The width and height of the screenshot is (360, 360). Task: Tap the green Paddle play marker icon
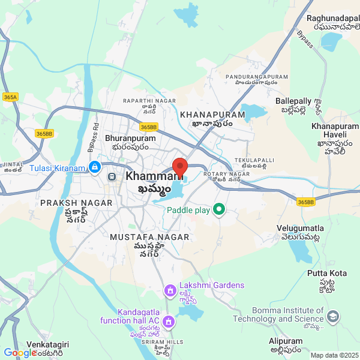point(219,210)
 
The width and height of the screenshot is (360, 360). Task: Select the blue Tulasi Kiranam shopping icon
point(94,166)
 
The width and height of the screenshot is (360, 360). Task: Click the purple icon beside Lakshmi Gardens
point(170,291)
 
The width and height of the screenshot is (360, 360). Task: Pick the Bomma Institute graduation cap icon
point(333,316)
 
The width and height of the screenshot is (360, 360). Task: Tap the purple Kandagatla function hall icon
point(169,322)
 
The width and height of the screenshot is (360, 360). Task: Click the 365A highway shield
point(10,97)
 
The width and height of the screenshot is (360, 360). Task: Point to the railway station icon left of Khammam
point(112,177)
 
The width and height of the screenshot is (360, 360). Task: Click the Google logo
point(20,353)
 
